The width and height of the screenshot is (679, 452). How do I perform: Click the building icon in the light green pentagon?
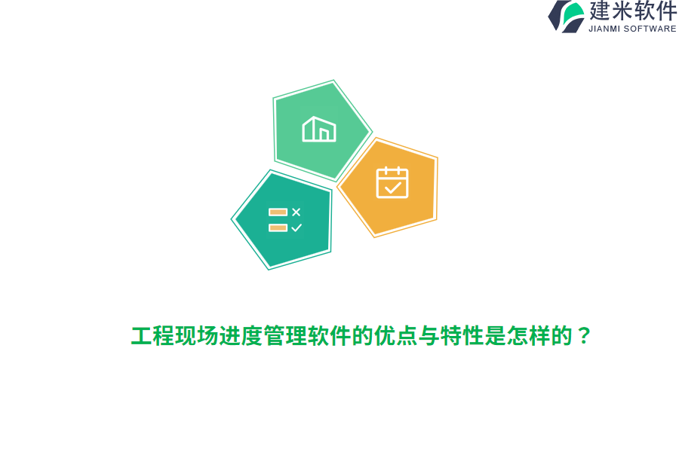coord(319,130)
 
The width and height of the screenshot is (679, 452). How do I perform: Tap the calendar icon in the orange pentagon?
coord(392,182)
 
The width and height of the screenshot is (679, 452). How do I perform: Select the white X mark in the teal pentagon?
coord(296,212)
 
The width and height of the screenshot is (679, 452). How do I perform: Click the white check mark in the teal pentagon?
coord(296,228)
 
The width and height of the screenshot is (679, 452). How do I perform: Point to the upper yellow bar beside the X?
coord(278,212)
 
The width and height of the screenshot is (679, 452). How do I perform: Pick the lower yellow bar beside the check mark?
coord(278,228)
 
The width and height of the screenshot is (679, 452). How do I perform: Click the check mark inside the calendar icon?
coord(392,186)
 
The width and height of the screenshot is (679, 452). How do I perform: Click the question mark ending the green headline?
coord(583,336)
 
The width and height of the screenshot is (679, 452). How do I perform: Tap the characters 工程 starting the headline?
coord(152,336)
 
